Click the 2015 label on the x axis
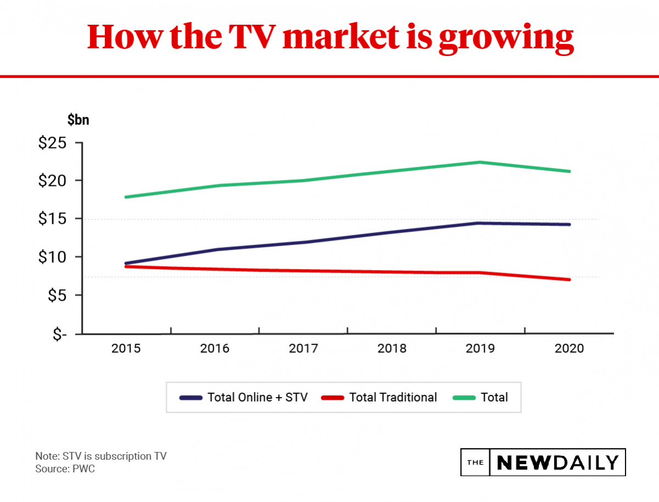tap(126, 349)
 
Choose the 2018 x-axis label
tap(392, 349)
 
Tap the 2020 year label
tap(569, 349)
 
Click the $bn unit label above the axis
tap(78, 120)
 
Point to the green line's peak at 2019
tap(480, 162)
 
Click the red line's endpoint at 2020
tap(569, 279)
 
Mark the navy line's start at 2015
tap(126, 263)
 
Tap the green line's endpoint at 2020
tap(569, 172)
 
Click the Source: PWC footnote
tap(65, 469)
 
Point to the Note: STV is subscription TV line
tap(100, 456)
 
